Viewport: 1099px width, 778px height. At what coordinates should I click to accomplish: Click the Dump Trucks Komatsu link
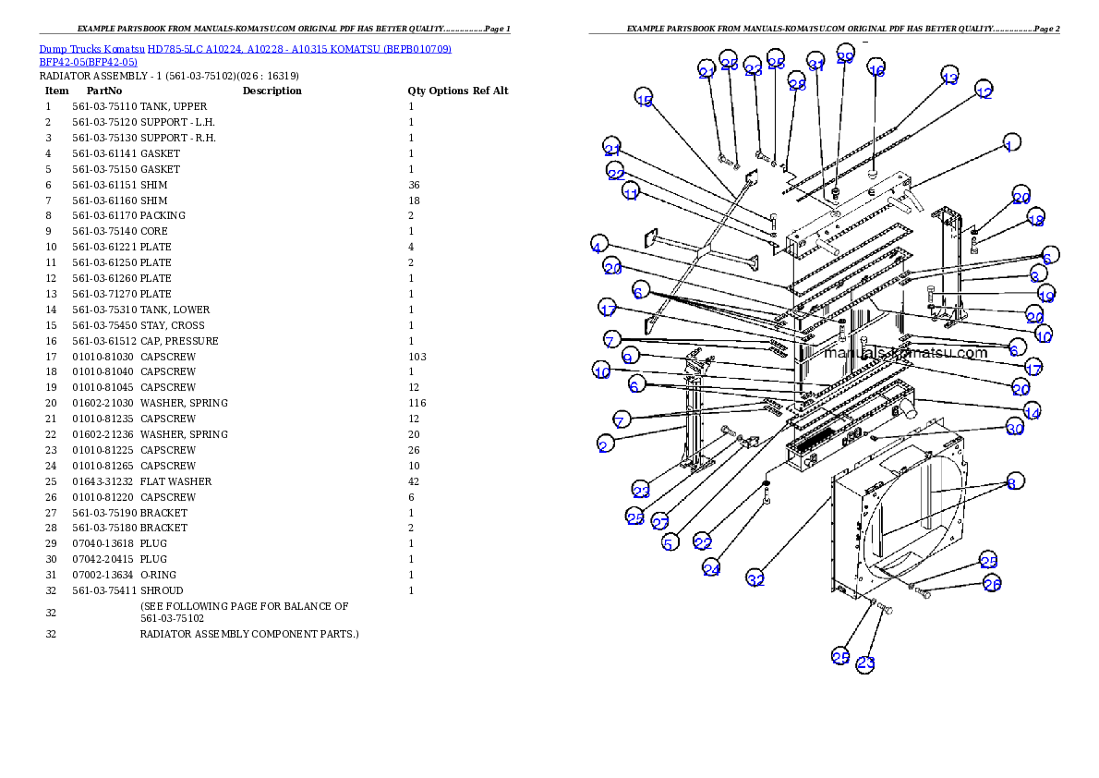(91, 49)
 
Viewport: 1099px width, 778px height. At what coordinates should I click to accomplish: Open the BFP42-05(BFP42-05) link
(89, 62)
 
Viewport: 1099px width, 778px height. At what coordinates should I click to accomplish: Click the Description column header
(272, 91)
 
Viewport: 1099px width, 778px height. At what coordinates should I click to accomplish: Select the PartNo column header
(104, 91)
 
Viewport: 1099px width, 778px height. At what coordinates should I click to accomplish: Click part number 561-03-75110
(104, 106)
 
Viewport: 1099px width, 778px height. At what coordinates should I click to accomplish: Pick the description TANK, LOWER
(175, 310)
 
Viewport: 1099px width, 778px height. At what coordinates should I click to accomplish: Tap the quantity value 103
(417, 357)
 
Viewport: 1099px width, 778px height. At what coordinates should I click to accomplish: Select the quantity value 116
(417, 403)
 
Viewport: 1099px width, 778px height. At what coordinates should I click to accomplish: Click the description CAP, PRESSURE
(179, 341)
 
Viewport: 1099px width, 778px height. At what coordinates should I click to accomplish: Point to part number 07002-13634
(103, 575)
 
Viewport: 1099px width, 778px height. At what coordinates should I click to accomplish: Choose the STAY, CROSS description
(173, 325)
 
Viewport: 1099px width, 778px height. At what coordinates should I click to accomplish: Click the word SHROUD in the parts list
(162, 590)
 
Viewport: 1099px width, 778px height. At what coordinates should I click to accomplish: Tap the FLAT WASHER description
(175, 481)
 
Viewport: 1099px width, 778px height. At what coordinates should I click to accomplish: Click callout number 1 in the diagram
(1010, 144)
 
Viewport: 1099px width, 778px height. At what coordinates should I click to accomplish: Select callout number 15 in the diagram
(644, 99)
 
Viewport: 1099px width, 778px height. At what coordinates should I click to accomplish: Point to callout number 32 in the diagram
(755, 578)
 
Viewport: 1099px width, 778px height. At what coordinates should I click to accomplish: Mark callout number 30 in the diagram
(1015, 427)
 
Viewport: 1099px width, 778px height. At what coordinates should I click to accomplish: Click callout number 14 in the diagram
(1032, 412)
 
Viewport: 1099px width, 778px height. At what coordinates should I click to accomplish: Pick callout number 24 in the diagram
(711, 568)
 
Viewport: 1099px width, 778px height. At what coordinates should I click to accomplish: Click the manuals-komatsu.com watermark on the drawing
(906, 352)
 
